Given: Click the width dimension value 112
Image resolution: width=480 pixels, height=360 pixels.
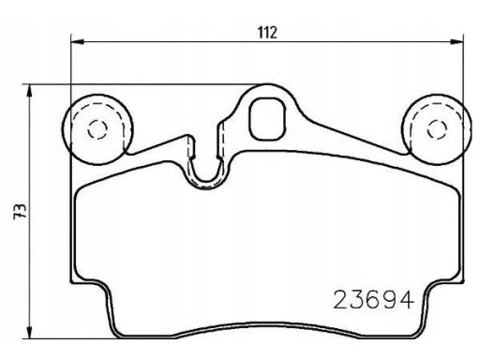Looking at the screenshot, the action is (267, 33).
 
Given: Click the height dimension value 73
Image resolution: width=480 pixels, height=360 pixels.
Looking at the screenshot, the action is (20, 212).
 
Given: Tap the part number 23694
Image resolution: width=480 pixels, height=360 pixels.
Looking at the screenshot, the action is (374, 300).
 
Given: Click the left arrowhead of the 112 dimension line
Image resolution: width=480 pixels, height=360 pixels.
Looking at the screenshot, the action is (78, 41).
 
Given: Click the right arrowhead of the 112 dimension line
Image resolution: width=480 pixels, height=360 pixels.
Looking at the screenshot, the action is (457, 41).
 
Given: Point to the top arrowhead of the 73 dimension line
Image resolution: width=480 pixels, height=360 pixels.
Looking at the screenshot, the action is (29, 91).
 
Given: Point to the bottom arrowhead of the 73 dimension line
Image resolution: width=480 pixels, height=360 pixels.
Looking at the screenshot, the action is (29, 332).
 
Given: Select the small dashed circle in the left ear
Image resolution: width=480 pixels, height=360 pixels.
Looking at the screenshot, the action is (97, 128).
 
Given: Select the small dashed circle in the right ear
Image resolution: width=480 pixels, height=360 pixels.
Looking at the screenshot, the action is (437, 128).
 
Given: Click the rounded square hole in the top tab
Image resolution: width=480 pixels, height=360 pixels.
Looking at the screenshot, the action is (267, 118).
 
